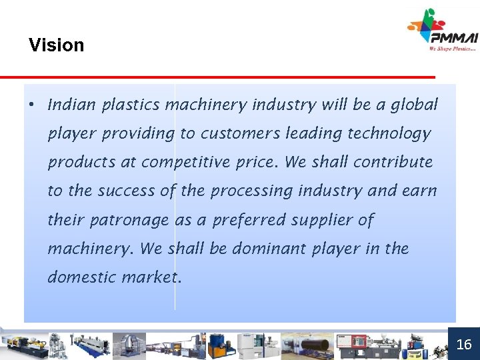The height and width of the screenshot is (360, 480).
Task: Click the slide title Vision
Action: [x=57, y=45]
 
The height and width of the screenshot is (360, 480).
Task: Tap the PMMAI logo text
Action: [x=453, y=37]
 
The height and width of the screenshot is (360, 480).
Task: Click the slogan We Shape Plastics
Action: [x=453, y=49]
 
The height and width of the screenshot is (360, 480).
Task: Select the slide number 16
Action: [x=464, y=344]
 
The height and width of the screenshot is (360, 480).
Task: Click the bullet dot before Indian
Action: [x=31, y=105]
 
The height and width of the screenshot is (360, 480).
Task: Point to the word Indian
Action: [x=71, y=105]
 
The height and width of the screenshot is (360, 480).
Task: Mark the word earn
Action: [x=420, y=191]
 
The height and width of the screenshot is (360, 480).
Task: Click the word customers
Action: [x=240, y=133]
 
